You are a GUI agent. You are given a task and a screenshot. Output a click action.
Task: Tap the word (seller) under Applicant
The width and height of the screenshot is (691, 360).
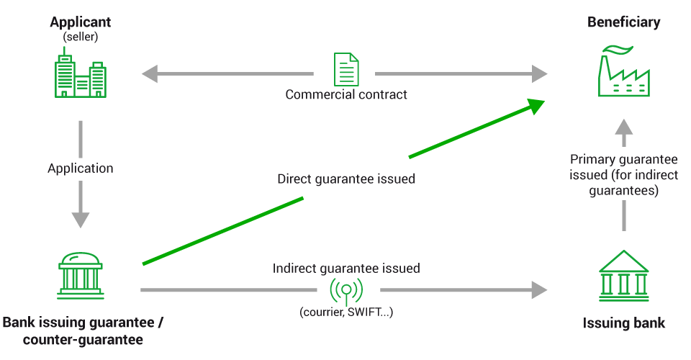(x=80, y=36)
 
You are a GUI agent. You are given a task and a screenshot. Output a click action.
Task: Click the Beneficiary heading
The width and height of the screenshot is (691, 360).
(x=623, y=22)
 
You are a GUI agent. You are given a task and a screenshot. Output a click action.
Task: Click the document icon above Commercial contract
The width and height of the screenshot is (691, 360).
(x=345, y=70)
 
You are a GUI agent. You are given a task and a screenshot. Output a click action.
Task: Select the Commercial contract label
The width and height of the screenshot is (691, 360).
(x=346, y=94)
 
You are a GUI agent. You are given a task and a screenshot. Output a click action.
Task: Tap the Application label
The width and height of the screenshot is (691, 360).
(x=80, y=168)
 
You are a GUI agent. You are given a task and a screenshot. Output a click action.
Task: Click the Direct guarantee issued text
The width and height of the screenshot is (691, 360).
(x=346, y=179)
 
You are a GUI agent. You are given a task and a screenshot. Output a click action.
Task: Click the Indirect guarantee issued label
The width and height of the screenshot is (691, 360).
(x=346, y=269)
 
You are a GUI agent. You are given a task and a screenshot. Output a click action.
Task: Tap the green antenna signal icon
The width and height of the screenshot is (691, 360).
(x=345, y=289)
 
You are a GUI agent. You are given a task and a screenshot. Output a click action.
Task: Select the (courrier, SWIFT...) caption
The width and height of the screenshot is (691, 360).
(x=346, y=312)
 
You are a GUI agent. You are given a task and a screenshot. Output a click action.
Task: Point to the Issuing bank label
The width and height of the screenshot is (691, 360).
(x=623, y=323)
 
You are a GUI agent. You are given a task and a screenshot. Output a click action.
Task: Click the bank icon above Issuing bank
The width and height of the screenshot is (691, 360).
(x=623, y=274)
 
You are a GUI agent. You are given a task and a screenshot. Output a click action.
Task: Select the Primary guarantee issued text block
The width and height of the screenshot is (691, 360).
(x=623, y=176)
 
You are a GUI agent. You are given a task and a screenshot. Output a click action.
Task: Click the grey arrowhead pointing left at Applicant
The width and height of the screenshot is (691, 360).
(x=150, y=73)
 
